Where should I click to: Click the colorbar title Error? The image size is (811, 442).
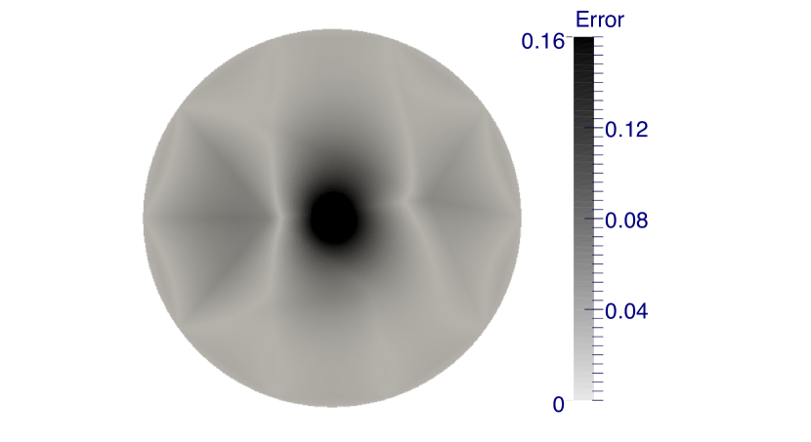tap(600, 20)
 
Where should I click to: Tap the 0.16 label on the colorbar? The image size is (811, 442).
tap(542, 41)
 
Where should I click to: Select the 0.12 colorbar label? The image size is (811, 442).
tap(626, 130)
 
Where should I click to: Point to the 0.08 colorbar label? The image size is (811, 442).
tap(626, 221)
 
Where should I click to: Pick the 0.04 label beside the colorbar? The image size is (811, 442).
tap(626, 311)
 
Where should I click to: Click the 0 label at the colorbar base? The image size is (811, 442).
tap(559, 404)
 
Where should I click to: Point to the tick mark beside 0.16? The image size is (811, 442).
tap(570, 37)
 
